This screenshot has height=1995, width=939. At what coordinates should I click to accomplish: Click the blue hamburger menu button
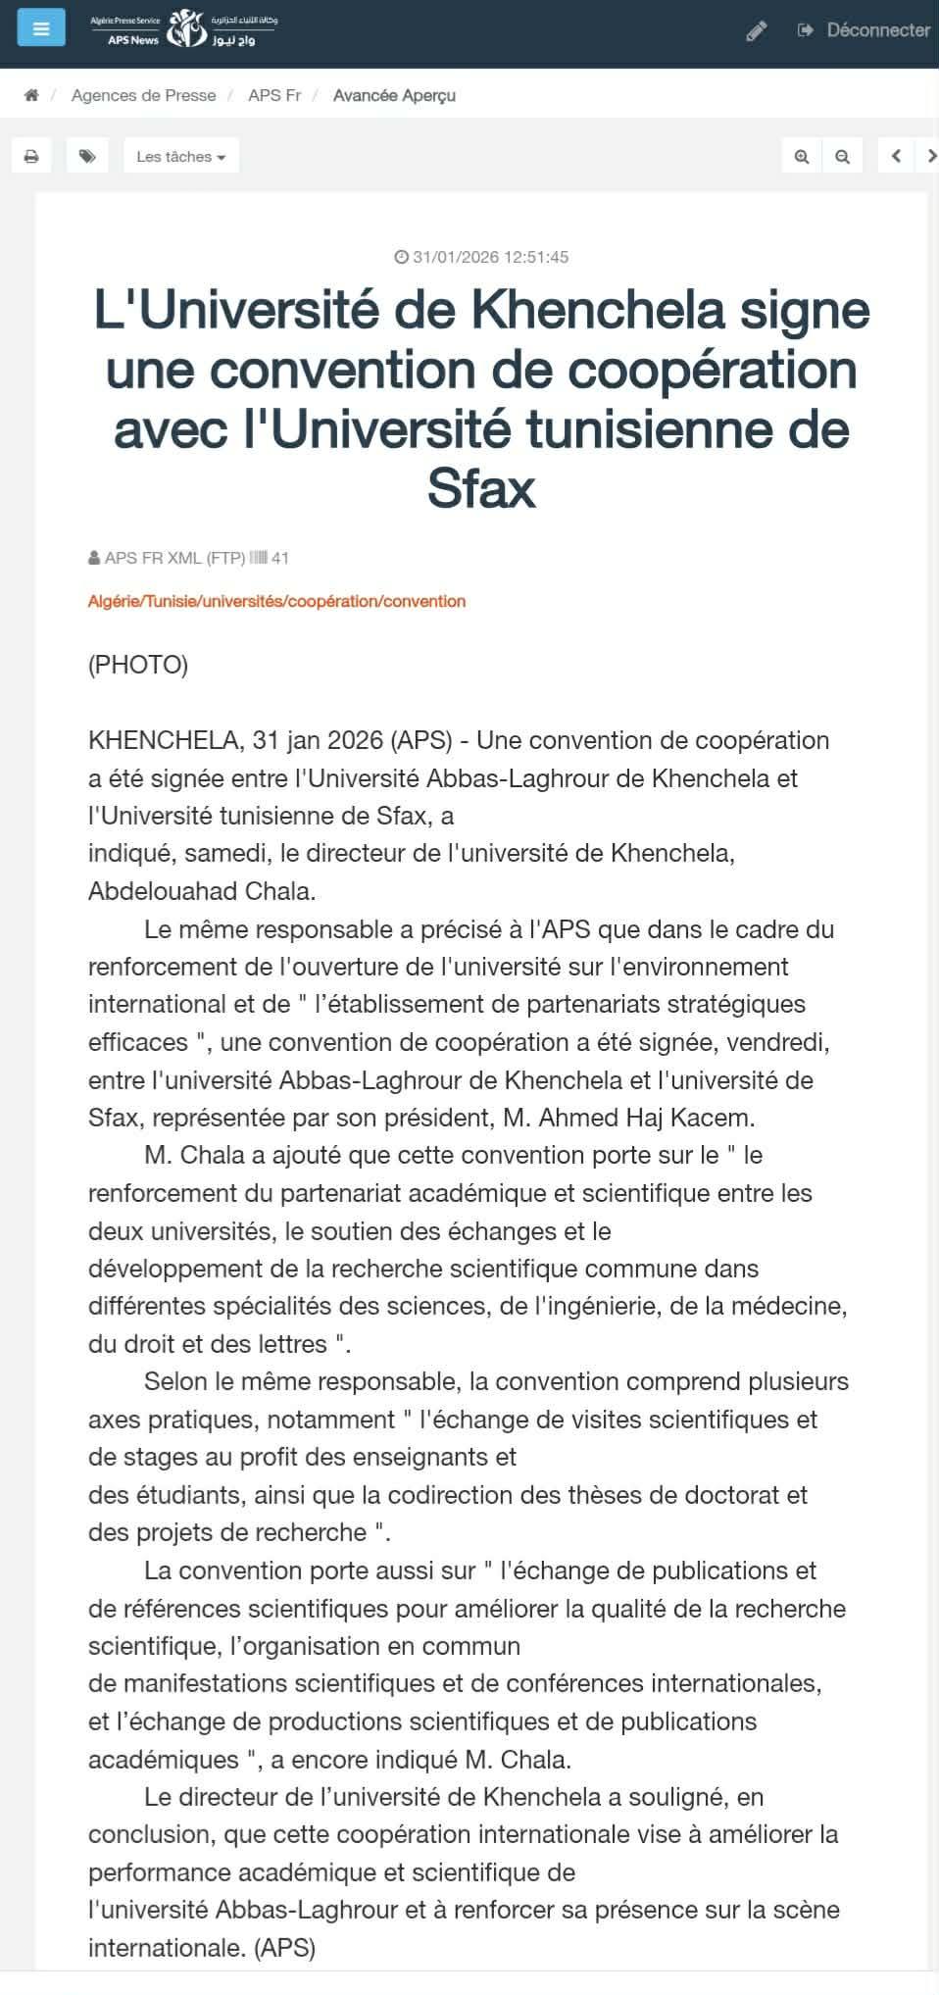pos(41,28)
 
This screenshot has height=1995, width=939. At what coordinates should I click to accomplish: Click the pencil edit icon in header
pos(756,31)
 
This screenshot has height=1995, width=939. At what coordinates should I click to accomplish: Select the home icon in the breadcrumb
pos(31,95)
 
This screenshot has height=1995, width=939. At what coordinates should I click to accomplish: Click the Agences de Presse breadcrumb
pos(143,95)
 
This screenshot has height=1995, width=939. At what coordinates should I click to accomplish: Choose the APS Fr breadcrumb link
pos(274,95)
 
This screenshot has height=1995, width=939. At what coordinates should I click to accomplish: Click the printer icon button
pos(31,156)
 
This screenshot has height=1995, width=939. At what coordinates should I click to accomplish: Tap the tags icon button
pos(87,156)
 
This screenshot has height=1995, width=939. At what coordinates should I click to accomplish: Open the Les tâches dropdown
pos(181,156)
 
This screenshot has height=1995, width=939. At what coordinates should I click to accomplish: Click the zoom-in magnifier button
pos(802,156)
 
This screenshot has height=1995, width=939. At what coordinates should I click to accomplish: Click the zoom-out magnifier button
pos(842,156)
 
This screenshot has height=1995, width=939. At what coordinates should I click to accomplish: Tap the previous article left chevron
pos(896,156)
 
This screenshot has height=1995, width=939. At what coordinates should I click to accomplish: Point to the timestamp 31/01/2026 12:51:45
pos(481,257)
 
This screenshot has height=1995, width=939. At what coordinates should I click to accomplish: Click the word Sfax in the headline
pos(481,488)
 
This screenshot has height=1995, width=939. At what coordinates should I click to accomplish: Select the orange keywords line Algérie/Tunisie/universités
pos(276,601)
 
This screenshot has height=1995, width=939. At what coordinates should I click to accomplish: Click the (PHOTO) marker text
pos(138,665)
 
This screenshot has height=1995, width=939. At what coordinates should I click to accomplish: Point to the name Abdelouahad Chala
pos(201,891)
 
